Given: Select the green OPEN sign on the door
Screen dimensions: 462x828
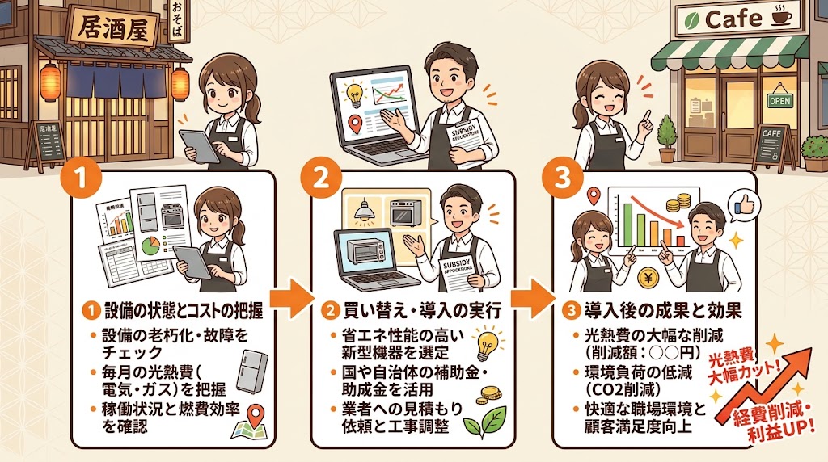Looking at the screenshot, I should point(779,101).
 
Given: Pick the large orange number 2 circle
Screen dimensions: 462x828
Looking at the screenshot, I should point(319,178).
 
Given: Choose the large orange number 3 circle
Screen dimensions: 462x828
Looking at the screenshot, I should point(558,178).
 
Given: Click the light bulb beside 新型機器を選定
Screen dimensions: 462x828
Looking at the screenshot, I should point(486,342).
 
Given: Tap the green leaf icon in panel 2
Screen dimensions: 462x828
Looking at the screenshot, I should point(489,419).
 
